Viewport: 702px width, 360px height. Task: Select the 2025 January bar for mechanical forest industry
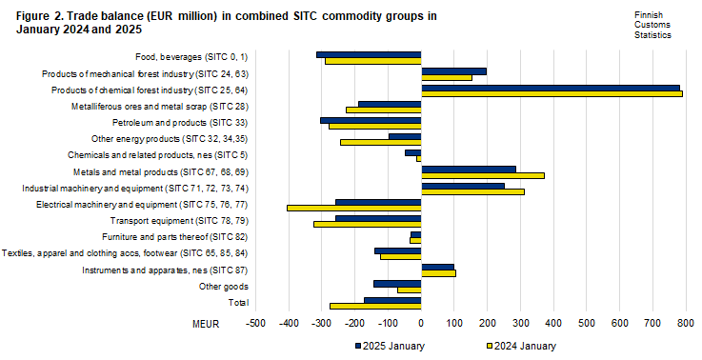[453, 70]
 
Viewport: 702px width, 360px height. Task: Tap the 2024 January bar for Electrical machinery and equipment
[353, 208]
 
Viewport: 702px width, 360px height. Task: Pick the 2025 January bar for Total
[392, 300]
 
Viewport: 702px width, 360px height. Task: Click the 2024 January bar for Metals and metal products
[482, 175]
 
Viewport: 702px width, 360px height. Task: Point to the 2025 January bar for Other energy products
[405, 136]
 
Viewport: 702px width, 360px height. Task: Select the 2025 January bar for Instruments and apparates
[437, 267]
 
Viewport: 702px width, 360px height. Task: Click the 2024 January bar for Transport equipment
[367, 224]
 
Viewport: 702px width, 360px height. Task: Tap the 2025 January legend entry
[390, 346]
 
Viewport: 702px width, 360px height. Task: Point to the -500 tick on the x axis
[255, 325]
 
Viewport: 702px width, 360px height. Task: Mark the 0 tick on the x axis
[421, 325]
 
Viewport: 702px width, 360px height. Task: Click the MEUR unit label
[206, 325]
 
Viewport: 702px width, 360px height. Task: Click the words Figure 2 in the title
[40, 15]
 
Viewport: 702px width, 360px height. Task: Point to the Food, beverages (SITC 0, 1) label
[191, 57]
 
